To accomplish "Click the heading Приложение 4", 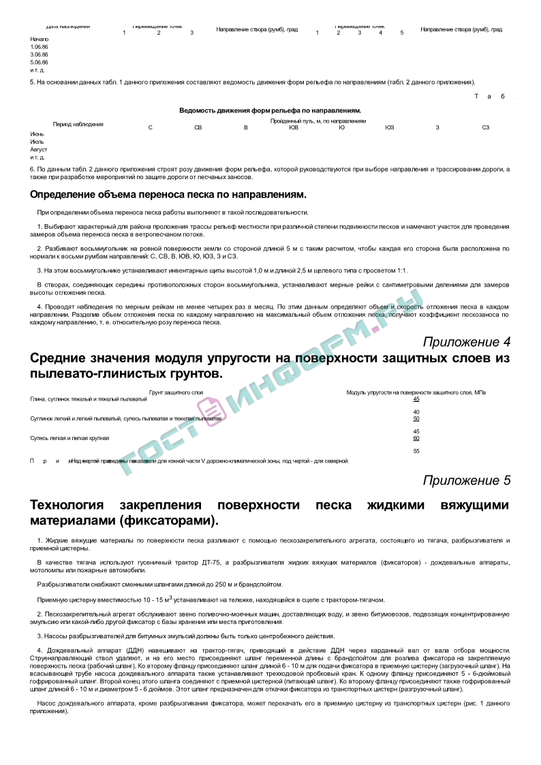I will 466,341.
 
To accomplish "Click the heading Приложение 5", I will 466,480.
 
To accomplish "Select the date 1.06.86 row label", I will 39,46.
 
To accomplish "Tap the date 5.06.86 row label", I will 39,62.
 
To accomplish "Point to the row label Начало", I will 40,39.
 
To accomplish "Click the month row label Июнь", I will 37,134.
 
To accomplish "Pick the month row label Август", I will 38,149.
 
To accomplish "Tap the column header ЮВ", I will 294,127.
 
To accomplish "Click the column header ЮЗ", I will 389,127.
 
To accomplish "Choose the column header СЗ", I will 486,127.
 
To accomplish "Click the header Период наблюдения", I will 78,124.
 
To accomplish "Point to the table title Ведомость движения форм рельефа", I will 270,110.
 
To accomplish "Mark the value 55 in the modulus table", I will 416,451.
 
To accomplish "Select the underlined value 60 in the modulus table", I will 416,438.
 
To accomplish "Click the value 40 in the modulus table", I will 416,412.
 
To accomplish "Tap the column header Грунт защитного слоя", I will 176,392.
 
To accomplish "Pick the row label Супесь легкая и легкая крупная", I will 69,438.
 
